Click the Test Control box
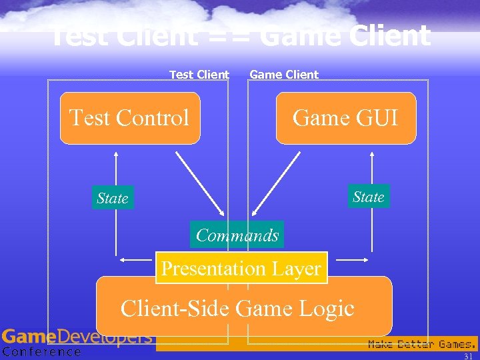point(130,118)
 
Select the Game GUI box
point(345,118)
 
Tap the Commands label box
point(237,235)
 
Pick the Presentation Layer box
point(241,268)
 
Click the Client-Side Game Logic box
point(244,307)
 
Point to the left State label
point(112,198)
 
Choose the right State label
point(368,197)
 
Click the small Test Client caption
point(199,75)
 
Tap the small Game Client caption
point(284,75)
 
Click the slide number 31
point(468,356)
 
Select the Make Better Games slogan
point(422,344)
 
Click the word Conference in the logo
point(41,352)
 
